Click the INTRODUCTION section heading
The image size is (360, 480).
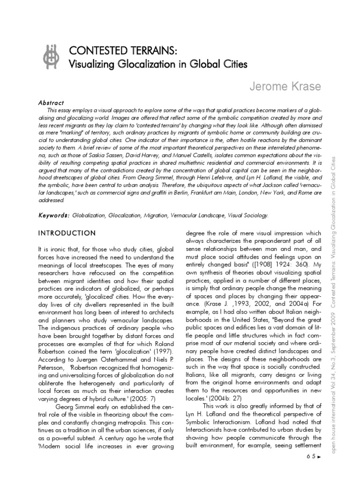(66, 233)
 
